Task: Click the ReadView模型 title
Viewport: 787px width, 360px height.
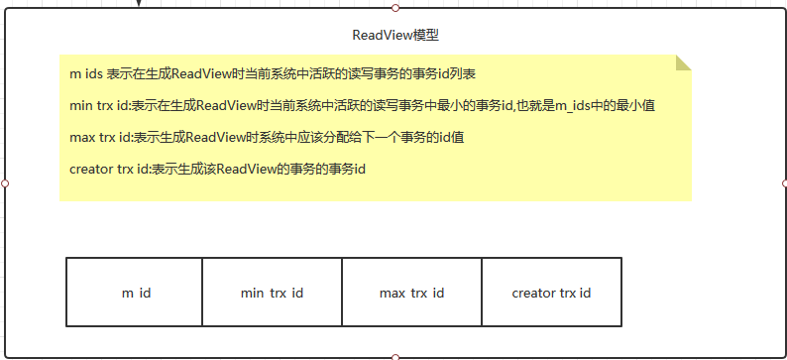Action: pos(395,35)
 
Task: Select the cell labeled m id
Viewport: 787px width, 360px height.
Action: pos(135,293)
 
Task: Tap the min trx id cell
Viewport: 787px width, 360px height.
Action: pos(272,293)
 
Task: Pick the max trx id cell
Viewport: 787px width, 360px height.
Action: pos(411,293)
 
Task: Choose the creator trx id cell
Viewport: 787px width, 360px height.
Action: pos(551,293)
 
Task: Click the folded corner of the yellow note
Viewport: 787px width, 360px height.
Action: pos(683,62)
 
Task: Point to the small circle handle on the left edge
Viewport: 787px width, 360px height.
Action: pos(5,183)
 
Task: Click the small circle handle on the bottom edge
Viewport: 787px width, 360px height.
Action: pos(395,356)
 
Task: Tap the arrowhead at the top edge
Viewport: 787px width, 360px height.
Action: pos(139,4)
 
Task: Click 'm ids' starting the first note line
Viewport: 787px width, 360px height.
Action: pos(86,74)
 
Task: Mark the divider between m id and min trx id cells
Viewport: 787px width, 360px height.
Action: pos(202,293)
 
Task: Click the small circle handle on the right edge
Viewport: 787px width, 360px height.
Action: pos(785,183)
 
